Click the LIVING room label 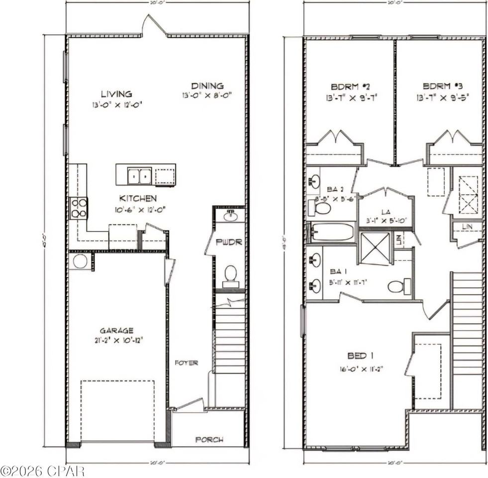pyautogui.click(x=116, y=94)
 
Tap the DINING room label pyautogui.click(x=207, y=86)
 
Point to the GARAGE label pyautogui.click(x=116, y=330)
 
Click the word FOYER pyautogui.click(x=187, y=363)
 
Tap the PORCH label pyautogui.click(x=209, y=440)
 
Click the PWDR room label pyautogui.click(x=229, y=242)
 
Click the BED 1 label pyautogui.click(x=361, y=356)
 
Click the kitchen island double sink pyautogui.click(x=139, y=176)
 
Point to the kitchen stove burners pyautogui.click(x=79, y=208)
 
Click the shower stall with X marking pyautogui.click(x=375, y=247)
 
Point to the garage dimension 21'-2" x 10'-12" pyautogui.click(x=117, y=341)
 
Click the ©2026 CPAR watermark pyautogui.click(x=42, y=471)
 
